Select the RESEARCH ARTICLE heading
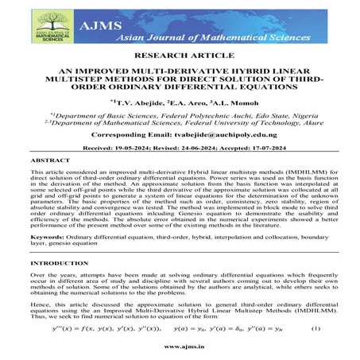179,57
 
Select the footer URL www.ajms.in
180,347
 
